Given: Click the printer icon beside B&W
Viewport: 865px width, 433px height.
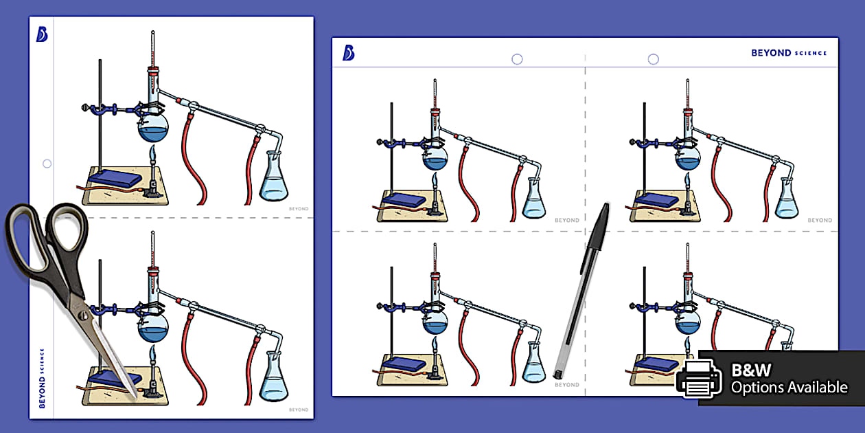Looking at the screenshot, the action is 698,379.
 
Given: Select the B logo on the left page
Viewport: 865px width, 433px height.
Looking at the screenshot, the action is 42,34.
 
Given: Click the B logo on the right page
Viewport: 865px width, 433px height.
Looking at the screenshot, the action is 348,53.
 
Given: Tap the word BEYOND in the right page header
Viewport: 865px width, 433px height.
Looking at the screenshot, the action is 771,53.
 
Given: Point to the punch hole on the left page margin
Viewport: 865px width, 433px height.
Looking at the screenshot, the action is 47,164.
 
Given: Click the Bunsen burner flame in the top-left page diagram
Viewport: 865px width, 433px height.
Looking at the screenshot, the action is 153,153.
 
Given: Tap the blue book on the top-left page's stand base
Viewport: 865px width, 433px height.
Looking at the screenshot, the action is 114,178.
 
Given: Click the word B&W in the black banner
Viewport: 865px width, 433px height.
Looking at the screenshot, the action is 751,370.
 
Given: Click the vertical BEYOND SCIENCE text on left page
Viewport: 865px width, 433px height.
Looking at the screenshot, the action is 42,378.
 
